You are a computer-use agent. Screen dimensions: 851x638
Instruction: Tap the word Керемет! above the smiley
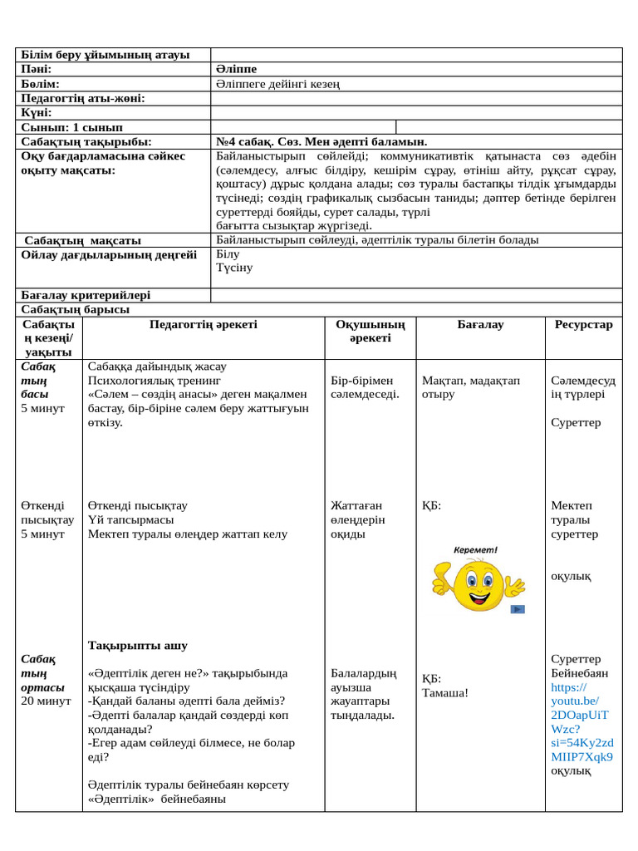click(x=475, y=550)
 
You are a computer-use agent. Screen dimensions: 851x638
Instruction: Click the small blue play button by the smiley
click(x=518, y=609)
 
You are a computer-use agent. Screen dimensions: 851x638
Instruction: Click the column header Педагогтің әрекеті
click(x=204, y=325)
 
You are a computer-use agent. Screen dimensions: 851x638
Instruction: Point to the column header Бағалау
click(x=480, y=325)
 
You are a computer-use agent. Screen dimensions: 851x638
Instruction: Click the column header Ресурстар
click(x=583, y=325)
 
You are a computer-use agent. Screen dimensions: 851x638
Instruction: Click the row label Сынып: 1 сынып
click(x=71, y=127)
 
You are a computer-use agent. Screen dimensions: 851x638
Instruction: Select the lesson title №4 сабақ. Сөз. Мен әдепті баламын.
click(x=321, y=142)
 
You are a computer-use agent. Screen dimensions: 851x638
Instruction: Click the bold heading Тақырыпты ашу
click(x=138, y=645)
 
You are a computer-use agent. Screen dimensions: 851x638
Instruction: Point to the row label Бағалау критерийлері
click(x=86, y=295)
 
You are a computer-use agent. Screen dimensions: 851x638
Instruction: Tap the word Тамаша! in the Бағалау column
click(x=445, y=693)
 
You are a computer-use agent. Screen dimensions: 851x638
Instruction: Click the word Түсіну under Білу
click(x=234, y=268)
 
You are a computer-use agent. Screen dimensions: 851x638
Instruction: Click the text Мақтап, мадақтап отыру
click(x=471, y=387)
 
